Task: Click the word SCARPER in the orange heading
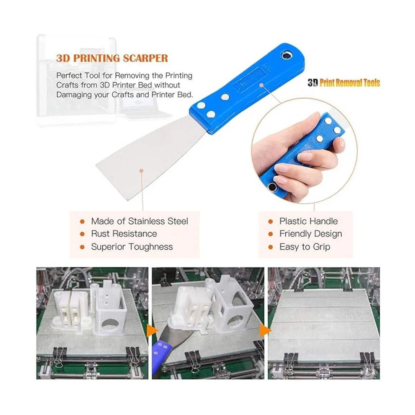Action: pyautogui.click(x=145, y=58)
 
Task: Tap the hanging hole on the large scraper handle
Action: pyautogui.click(x=287, y=56)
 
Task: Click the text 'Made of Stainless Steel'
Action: pyautogui.click(x=140, y=221)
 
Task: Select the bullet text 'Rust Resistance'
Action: pyautogui.click(x=124, y=234)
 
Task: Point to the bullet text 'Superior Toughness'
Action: pyautogui.click(x=132, y=247)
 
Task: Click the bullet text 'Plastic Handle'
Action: pyautogui.click(x=308, y=221)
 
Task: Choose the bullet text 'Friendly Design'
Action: pyautogui.click(x=311, y=234)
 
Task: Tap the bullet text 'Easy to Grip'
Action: pyautogui.click(x=305, y=247)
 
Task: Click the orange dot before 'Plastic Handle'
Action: pyautogui.click(x=271, y=221)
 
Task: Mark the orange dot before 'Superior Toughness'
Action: pyautogui.click(x=82, y=247)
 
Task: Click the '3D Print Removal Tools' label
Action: pyautogui.click(x=344, y=83)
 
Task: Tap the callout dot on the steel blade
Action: pyautogui.click(x=141, y=170)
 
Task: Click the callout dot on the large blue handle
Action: pyautogui.click(x=261, y=85)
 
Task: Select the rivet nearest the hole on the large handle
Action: pyautogui.click(x=225, y=97)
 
